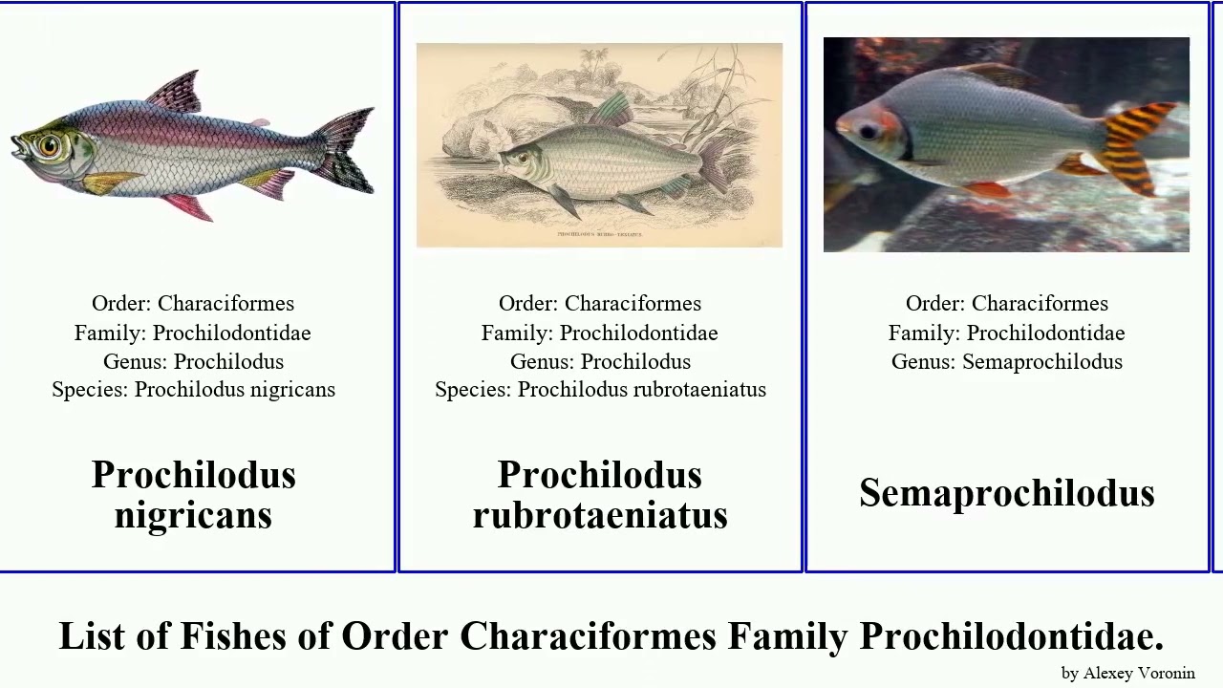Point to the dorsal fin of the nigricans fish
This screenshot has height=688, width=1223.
tap(177, 91)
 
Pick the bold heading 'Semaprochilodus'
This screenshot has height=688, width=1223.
tap(1006, 493)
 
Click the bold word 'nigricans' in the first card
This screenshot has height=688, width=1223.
tap(193, 514)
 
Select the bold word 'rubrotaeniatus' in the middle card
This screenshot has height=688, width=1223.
tap(600, 514)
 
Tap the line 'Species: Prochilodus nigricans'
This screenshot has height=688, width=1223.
tap(193, 390)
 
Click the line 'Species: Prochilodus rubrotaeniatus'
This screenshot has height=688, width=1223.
tap(600, 390)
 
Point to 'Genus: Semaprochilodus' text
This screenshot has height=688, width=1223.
tap(1006, 361)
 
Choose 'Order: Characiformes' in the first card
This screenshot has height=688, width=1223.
tap(193, 303)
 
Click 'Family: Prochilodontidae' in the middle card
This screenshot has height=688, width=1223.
tap(600, 333)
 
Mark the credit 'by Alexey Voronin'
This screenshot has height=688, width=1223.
tap(1127, 673)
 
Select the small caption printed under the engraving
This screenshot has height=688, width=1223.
tap(599, 233)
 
